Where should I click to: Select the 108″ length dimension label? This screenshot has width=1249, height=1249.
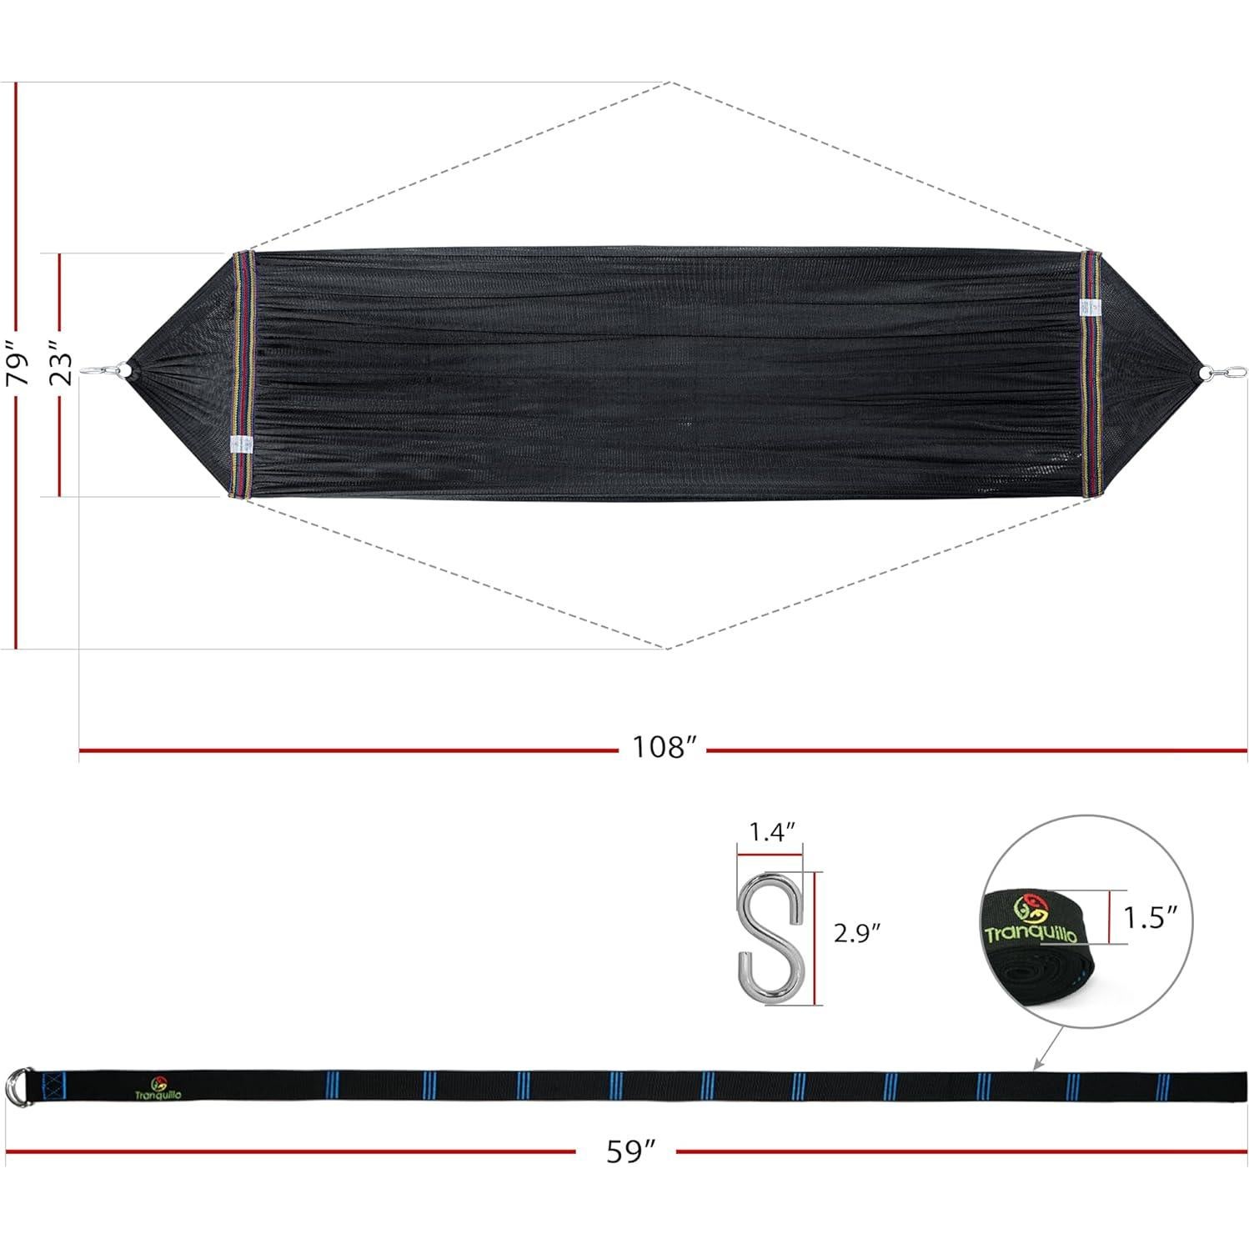pyautogui.click(x=663, y=747)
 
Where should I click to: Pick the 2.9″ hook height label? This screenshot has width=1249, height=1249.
pyautogui.click(x=858, y=933)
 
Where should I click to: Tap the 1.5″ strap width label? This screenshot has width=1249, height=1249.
pyautogui.click(x=1151, y=917)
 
